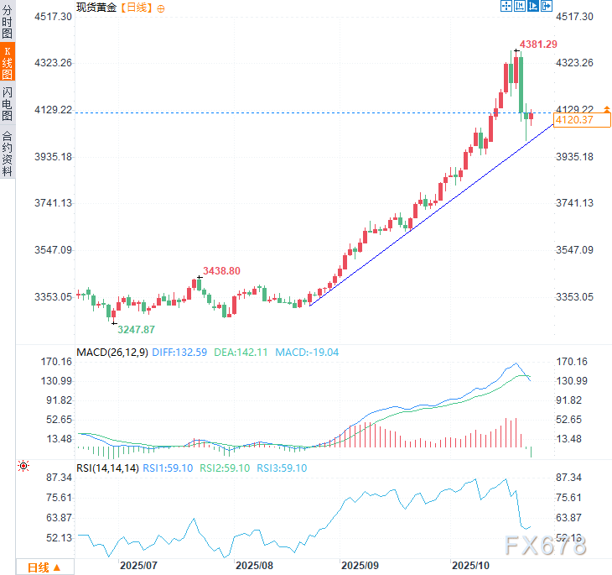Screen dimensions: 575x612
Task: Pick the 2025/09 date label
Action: pyautogui.click(x=360, y=566)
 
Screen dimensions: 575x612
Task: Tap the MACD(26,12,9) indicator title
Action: pyautogui.click(x=112, y=353)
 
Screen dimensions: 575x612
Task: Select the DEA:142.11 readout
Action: pyautogui.click(x=242, y=353)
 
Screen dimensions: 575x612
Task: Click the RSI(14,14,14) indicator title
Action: pyautogui.click(x=107, y=468)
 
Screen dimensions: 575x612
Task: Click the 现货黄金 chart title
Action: pyautogui.click(x=96, y=7)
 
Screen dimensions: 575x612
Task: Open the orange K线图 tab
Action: pyautogui.click(x=8, y=63)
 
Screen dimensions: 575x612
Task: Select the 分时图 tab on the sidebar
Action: pyautogui.click(x=8, y=23)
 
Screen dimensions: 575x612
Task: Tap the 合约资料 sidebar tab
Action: pyautogui.click(x=8, y=154)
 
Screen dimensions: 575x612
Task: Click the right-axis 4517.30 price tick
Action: pyautogui.click(x=575, y=16)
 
